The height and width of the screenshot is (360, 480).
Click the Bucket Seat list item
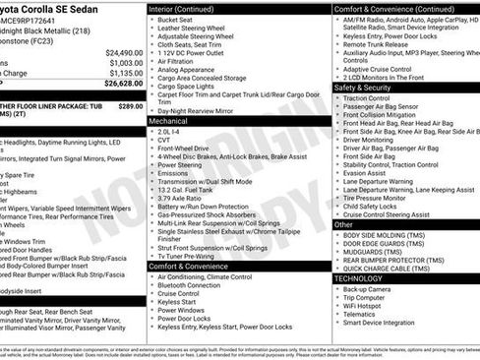pyautogui.click(x=176, y=19)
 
